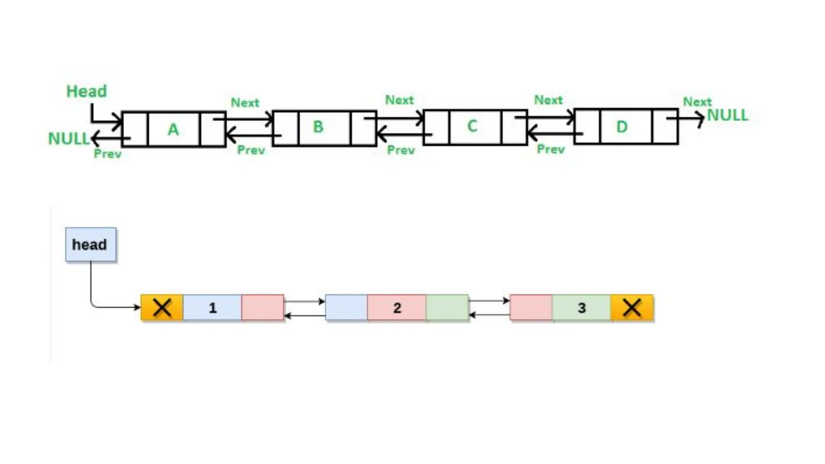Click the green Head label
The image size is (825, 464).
(87, 91)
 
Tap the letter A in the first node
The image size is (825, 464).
(173, 129)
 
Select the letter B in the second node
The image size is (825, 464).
(318, 127)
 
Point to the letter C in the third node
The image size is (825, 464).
(472, 126)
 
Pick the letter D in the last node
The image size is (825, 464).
(622, 127)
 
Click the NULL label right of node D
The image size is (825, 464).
(728, 116)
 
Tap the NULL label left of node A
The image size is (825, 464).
(68, 139)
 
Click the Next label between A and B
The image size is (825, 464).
(245, 103)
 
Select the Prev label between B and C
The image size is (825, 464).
(401, 150)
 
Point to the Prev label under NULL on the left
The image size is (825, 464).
(108, 154)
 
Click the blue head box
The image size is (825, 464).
(91, 244)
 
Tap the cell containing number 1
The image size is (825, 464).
(212, 308)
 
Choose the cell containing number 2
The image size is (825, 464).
(397, 308)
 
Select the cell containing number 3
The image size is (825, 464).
(581, 308)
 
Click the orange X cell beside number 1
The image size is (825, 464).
(162, 308)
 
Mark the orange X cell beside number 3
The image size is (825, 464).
(632, 308)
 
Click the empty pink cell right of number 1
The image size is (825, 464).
(263, 308)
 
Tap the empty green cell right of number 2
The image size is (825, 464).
(447, 308)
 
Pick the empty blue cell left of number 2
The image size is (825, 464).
(346, 308)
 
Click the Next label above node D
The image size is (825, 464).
(697, 101)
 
